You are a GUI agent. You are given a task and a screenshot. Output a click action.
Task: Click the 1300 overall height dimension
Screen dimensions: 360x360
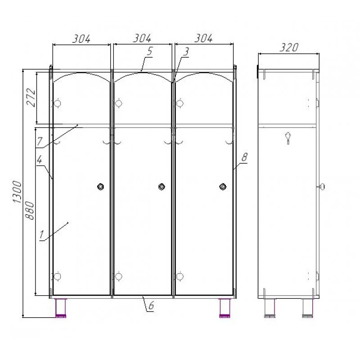[x=17, y=192]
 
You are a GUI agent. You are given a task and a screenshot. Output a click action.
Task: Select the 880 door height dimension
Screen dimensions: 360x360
[x=29, y=210]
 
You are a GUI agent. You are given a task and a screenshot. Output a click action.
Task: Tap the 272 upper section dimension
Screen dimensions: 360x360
[x=31, y=97]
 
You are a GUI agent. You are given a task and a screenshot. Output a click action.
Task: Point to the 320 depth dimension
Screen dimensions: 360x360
[x=289, y=47]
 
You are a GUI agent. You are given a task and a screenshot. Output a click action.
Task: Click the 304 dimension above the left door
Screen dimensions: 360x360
[x=81, y=39]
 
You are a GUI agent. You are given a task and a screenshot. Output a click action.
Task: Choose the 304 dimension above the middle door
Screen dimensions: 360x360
[x=142, y=38]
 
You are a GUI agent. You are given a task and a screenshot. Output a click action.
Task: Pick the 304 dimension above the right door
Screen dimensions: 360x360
[x=204, y=38]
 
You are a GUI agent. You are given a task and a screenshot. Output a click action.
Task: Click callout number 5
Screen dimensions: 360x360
[x=150, y=51]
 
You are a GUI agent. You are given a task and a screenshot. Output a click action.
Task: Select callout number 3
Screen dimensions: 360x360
[x=186, y=52]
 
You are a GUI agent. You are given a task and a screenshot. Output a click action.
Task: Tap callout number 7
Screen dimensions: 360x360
[x=40, y=141]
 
